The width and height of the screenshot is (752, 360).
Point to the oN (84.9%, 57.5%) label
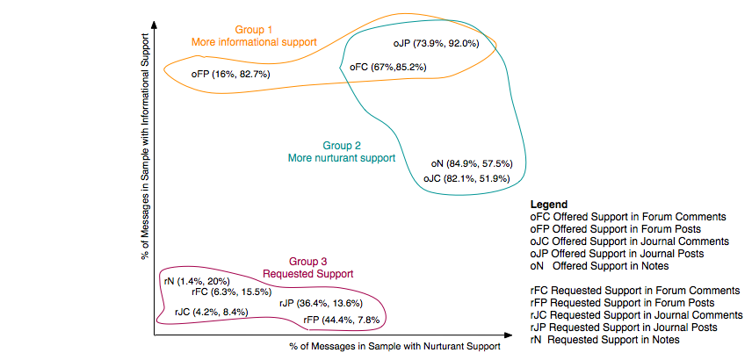point(472,164)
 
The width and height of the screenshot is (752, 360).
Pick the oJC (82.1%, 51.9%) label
point(466,178)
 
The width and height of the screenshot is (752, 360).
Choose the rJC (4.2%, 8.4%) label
point(212,312)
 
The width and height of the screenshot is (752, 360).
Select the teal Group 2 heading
point(342,151)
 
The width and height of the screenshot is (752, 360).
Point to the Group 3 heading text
point(307,267)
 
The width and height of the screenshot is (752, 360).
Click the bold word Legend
point(549,204)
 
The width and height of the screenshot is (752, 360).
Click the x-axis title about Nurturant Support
point(394,347)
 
